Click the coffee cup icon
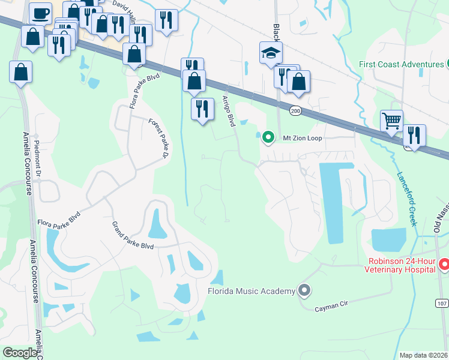pyautogui.click(x=41, y=13)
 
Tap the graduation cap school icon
pyautogui.click(x=271, y=53)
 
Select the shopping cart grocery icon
pyautogui.click(x=391, y=121)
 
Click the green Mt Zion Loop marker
pyautogui.click(x=268, y=137)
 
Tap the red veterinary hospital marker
pyautogui.click(x=444, y=264)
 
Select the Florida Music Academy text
pyautogui.click(x=251, y=291)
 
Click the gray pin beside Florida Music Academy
pyautogui.click(x=304, y=291)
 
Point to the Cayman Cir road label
pyautogui.click(x=331, y=306)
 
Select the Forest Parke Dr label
pyautogui.click(x=158, y=139)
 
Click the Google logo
pyautogui.click(x=20, y=353)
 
